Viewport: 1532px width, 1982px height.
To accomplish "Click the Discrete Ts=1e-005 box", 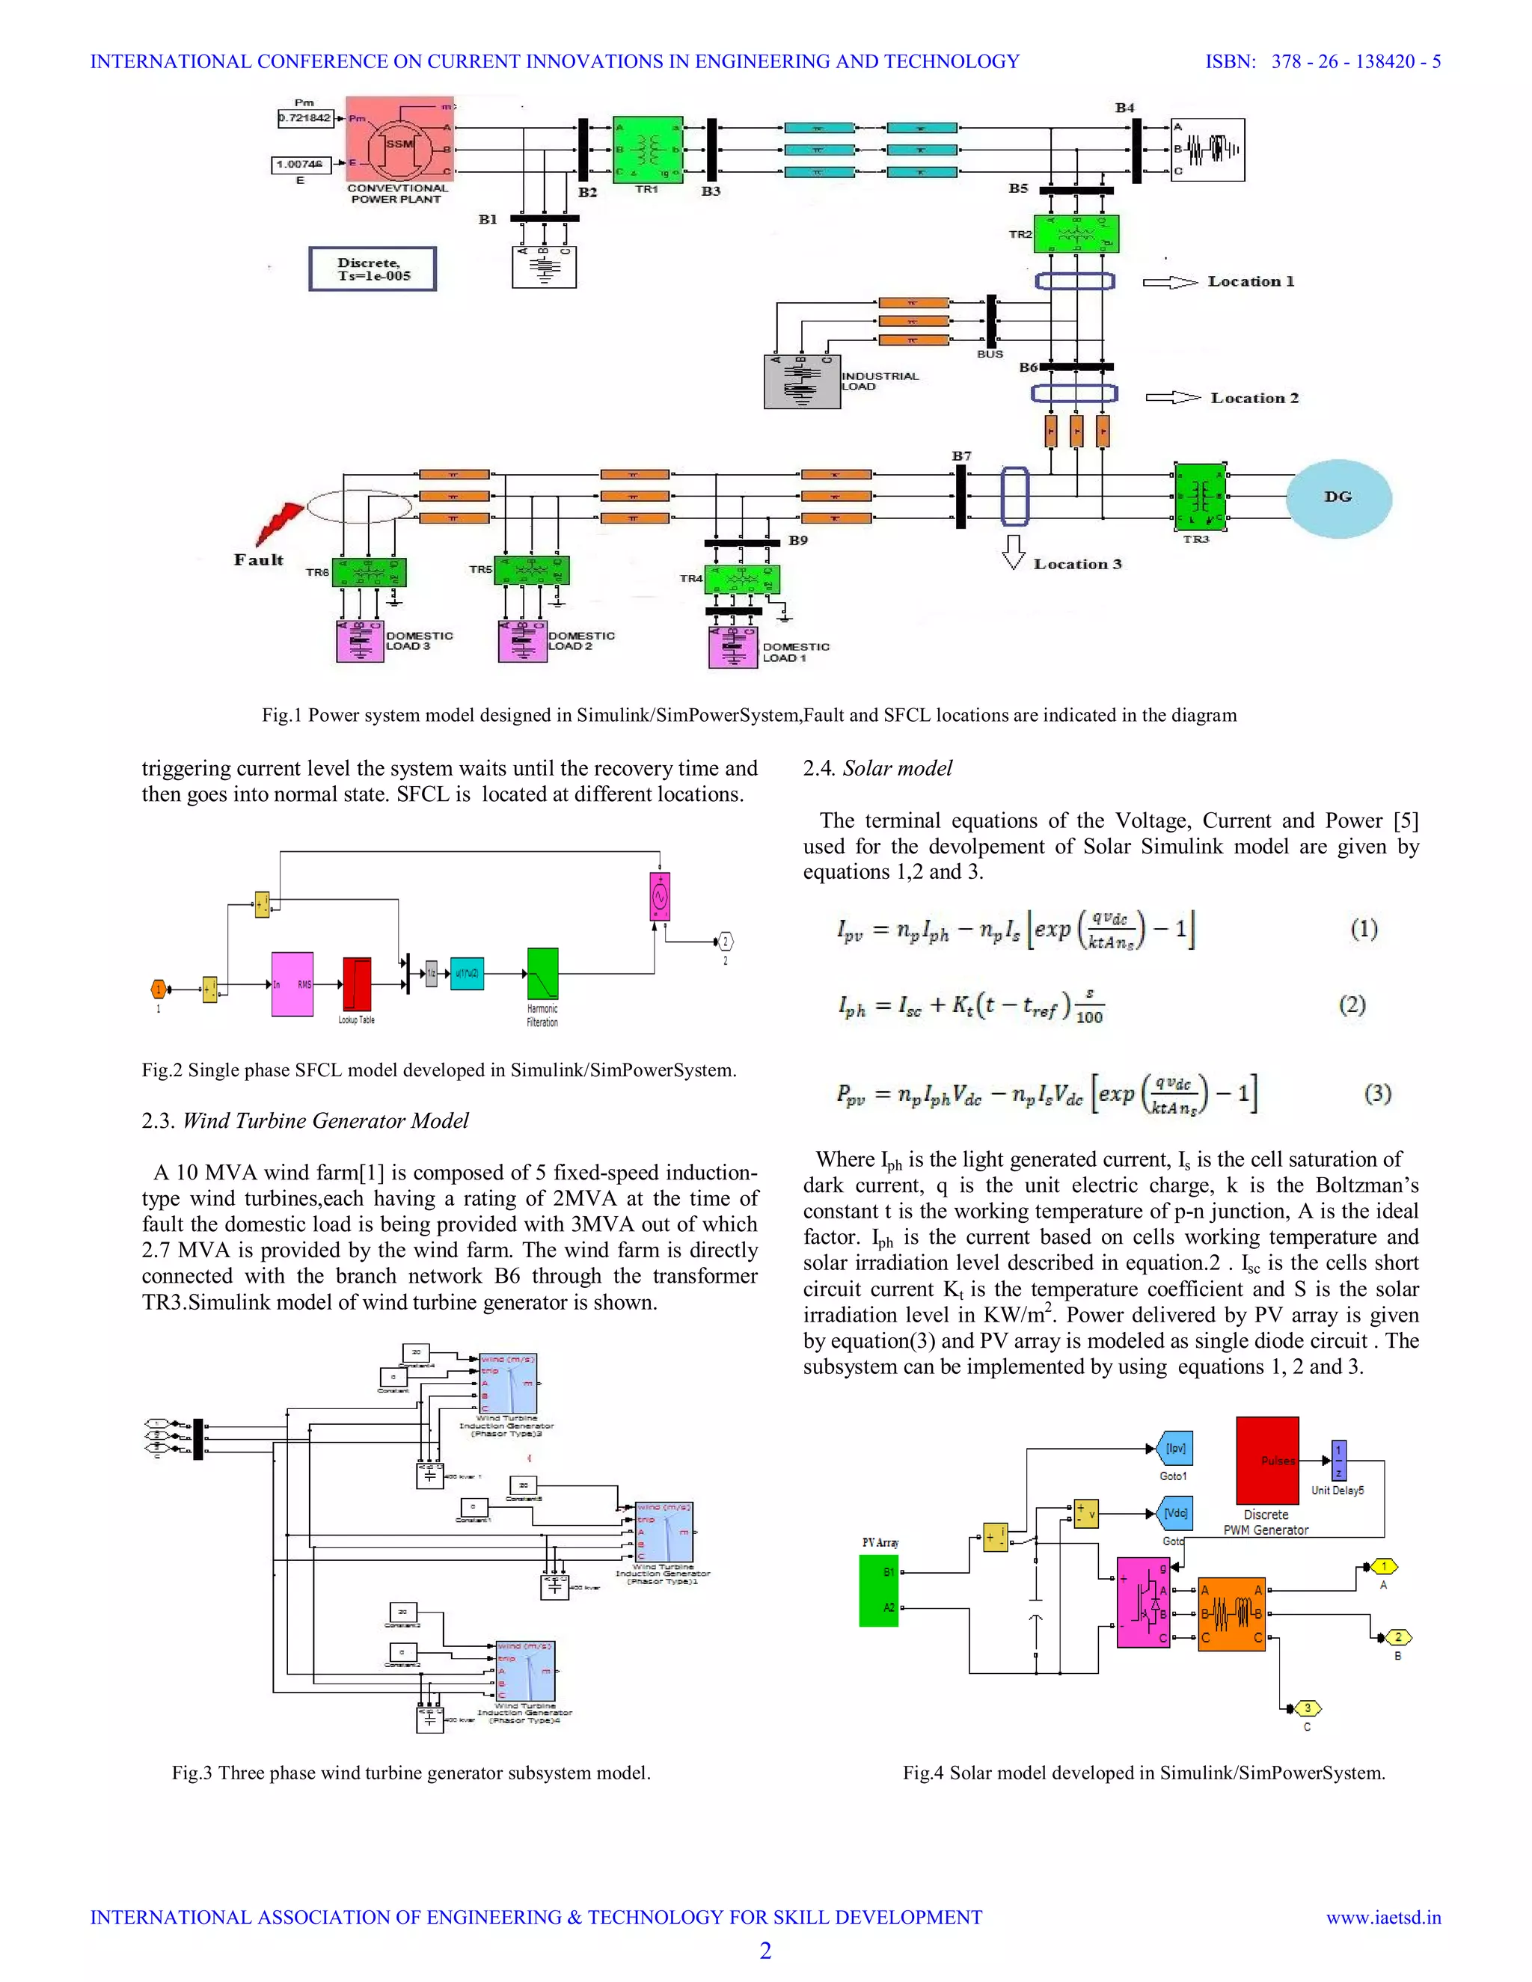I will [x=372, y=269].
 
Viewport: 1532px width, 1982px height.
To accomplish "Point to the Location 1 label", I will [x=1251, y=281].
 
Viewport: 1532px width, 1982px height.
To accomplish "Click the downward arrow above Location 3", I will [x=1014, y=552].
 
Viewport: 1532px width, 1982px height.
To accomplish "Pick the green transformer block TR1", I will [x=647, y=149].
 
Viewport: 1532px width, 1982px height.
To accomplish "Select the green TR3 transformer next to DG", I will [x=1200, y=497].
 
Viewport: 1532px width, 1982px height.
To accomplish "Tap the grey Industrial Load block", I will [x=801, y=381].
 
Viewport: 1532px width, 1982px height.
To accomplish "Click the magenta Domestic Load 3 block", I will [x=359, y=641].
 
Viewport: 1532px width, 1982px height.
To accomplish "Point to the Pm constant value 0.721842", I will [x=305, y=118].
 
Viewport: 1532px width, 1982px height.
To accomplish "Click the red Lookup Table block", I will [x=357, y=984].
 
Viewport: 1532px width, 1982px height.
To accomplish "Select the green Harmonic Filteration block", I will [x=543, y=974].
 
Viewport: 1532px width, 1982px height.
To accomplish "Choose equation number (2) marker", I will [x=1352, y=1004].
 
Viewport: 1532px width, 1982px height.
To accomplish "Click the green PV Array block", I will [x=878, y=1590].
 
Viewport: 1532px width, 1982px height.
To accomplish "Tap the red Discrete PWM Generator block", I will [x=1267, y=1460].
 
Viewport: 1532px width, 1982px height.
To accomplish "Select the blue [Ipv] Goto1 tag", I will [x=1175, y=1449].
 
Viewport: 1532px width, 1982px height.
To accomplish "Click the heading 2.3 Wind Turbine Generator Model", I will [x=305, y=1121].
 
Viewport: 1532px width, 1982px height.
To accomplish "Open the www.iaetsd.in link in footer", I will [x=1383, y=1918].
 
